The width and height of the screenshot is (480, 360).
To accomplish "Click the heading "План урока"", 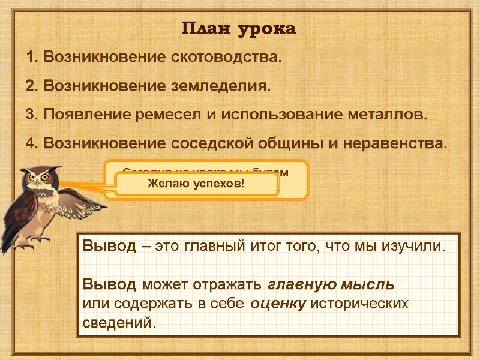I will pos(239,29).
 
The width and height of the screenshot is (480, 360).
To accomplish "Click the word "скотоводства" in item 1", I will pos(222,59).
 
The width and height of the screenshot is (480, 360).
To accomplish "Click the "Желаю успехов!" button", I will pos(196,184).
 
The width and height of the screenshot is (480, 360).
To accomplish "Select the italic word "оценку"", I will pos(278,304).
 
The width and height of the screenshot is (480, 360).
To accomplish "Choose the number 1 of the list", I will pos(31,59).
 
